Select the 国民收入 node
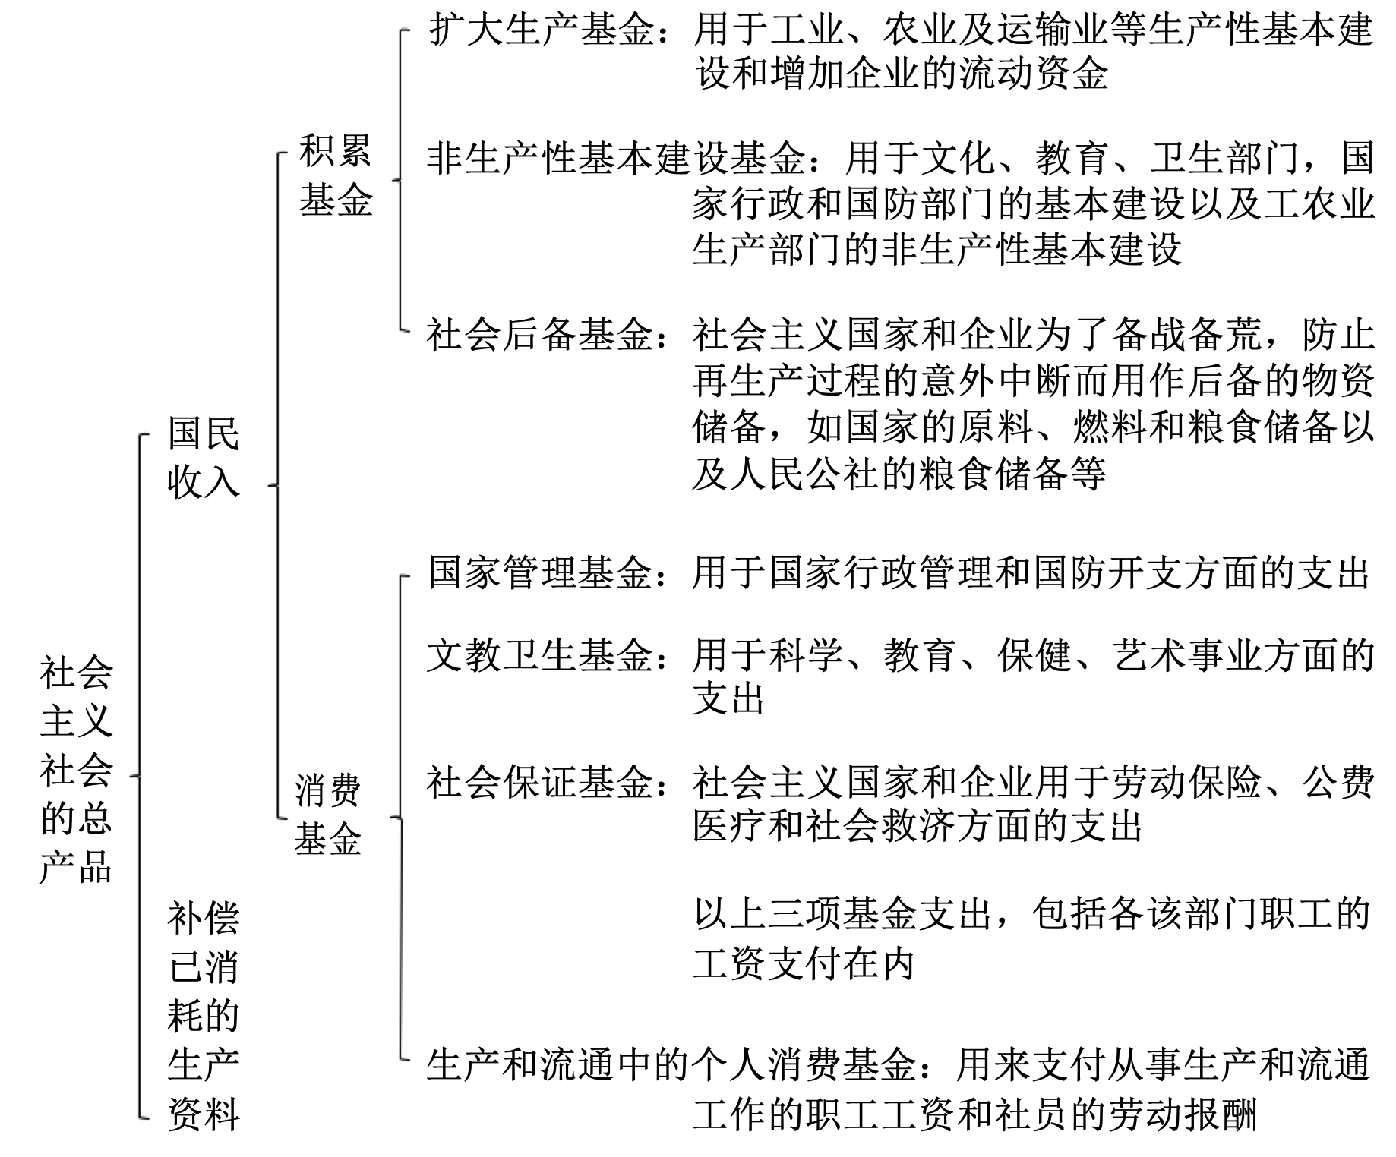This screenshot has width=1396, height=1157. click(204, 457)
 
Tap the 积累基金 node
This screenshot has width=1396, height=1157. click(335, 175)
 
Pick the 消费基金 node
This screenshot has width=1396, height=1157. click(328, 815)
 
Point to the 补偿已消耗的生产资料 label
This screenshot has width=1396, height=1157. click(204, 1016)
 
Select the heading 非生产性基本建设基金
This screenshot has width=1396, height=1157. click(615, 158)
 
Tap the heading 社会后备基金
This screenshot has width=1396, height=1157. click(539, 334)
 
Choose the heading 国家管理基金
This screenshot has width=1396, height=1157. click(539, 572)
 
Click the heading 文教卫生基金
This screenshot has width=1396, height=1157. click(539, 655)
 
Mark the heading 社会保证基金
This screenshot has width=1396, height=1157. click(539, 782)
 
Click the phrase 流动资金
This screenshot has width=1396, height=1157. click(1033, 74)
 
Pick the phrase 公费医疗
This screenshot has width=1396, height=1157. click(1337, 782)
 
